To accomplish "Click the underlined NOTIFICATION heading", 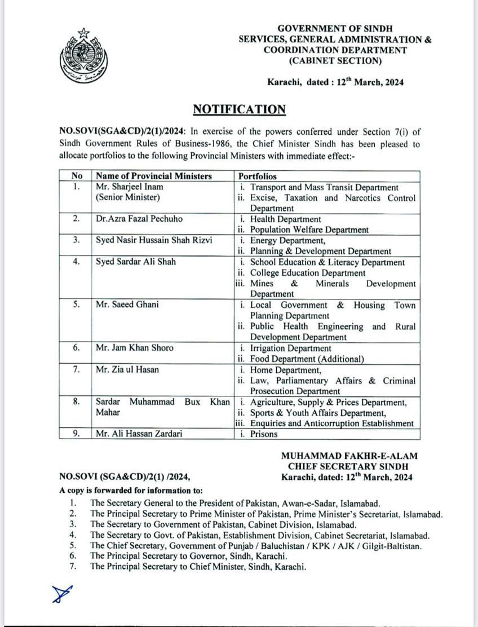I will click(x=240, y=109).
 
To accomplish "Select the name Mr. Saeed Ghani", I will click(x=127, y=305).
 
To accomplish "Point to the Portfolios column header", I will click(x=258, y=176).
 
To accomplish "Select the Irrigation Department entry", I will click(x=291, y=348).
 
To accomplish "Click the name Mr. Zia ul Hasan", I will click(x=127, y=370).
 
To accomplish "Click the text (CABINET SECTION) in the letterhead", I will click(x=335, y=61).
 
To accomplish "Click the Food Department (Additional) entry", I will click(x=307, y=359).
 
